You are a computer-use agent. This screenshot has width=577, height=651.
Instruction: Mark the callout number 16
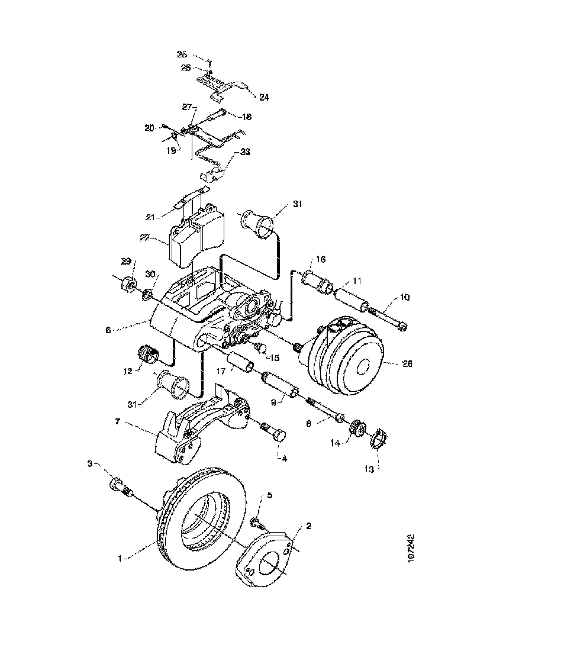coord(321,259)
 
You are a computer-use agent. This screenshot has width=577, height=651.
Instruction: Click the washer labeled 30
coord(147,292)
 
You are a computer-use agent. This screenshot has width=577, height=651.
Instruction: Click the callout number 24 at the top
coord(264,97)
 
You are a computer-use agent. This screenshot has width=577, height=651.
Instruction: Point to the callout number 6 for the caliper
coord(108,330)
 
